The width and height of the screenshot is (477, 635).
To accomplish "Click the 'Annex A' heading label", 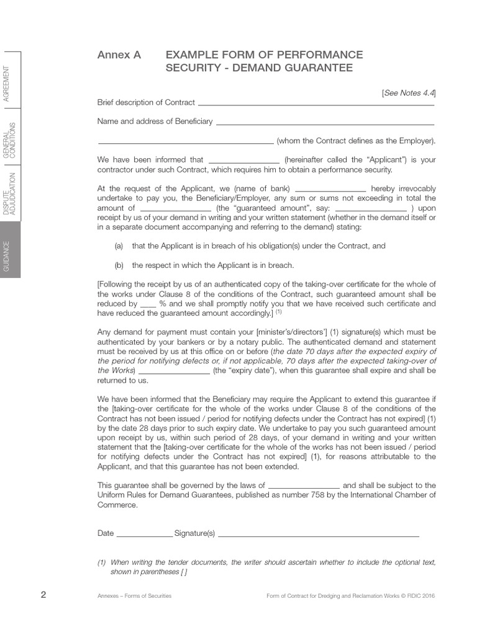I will click(119, 55).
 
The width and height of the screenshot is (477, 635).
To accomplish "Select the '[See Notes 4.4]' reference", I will click(409, 93).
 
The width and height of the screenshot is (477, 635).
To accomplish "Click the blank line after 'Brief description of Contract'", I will click(316, 104).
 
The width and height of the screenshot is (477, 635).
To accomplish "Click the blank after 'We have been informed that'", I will click(243, 161).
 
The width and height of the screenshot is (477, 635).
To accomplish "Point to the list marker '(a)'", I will click(119, 246).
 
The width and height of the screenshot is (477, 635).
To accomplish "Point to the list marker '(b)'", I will click(119, 265).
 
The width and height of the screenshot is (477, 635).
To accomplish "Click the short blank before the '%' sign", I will click(148, 306).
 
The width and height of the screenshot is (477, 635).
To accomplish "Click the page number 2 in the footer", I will click(43, 595).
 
